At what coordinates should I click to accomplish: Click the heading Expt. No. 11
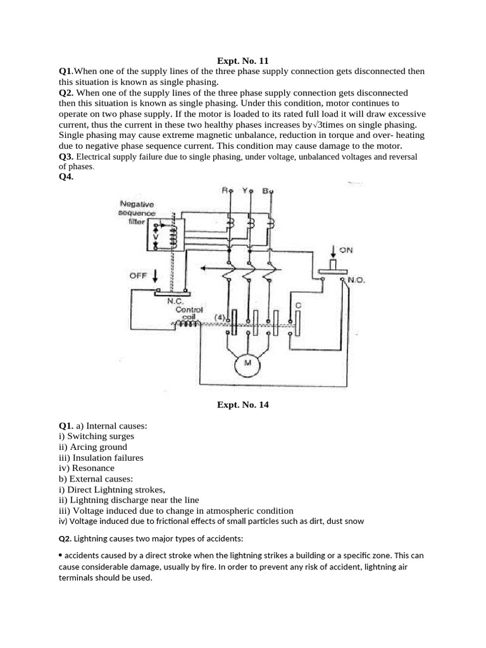(x=243, y=61)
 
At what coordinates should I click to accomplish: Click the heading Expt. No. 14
(x=243, y=405)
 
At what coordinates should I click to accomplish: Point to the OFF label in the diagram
(x=139, y=275)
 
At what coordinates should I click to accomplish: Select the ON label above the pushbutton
(x=346, y=251)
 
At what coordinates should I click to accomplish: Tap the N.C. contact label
(x=175, y=301)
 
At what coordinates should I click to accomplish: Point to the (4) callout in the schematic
(x=220, y=316)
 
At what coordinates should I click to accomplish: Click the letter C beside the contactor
(x=298, y=306)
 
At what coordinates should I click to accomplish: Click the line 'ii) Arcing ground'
(x=92, y=446)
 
